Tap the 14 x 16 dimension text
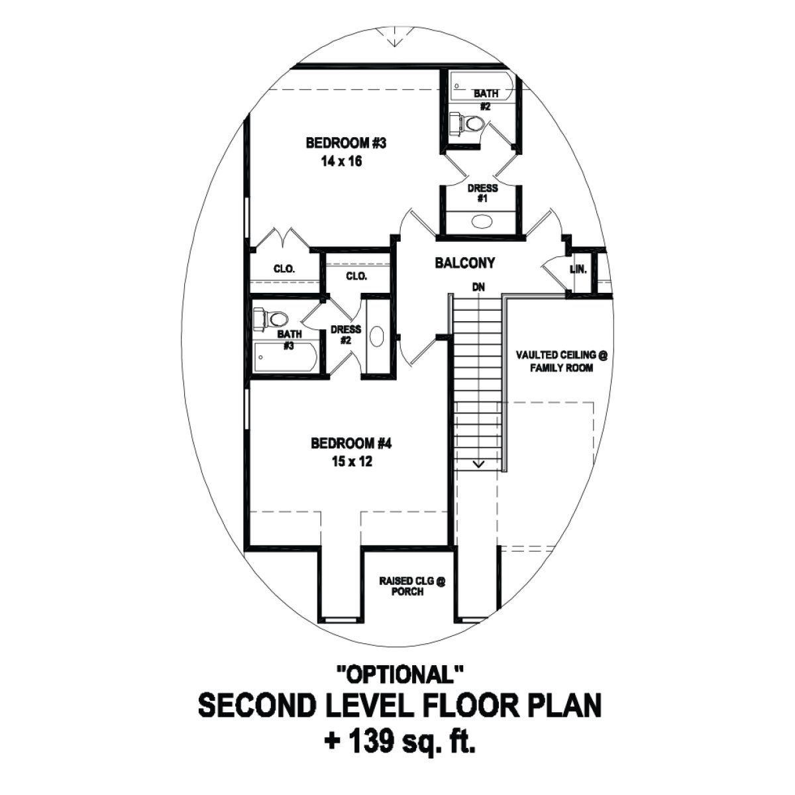(x=341, y=161)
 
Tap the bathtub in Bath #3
(x=285, y=359)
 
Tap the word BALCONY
(x=464, y=263)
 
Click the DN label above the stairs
(x=478, y=288)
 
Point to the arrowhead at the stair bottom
(x=478, y=464)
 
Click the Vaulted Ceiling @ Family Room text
(x=561, y=361)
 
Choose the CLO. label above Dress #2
(x=356, y=276)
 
